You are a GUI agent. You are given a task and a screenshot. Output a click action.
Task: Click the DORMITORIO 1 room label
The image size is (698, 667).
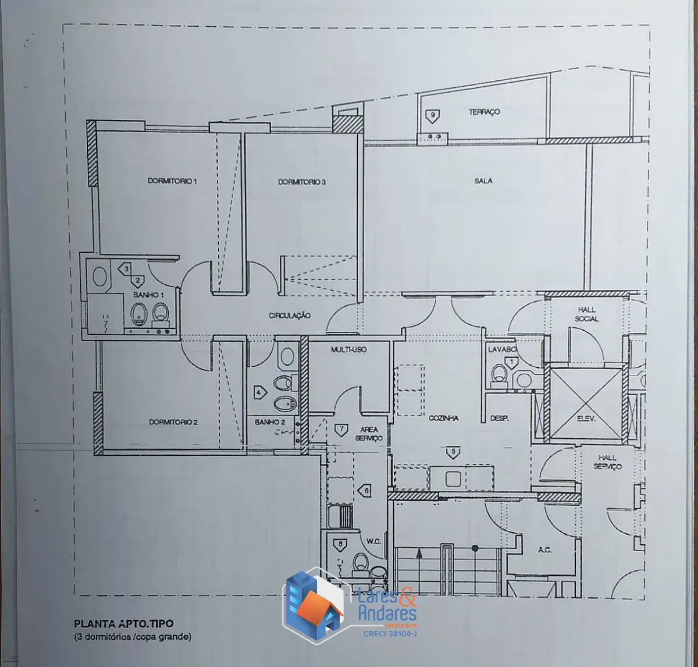172,181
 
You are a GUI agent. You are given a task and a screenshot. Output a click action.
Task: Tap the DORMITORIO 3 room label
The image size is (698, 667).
302,182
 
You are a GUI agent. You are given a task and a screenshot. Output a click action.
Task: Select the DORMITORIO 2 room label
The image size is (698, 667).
173,422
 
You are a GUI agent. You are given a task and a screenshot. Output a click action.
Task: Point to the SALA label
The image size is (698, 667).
483,181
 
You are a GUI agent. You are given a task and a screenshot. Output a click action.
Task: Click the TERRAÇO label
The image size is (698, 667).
484,112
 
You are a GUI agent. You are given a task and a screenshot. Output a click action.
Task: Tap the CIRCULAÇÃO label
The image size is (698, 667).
290,315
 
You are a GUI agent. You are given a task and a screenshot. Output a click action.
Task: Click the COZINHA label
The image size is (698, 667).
443,418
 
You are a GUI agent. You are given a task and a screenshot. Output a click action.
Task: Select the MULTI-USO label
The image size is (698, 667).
348,349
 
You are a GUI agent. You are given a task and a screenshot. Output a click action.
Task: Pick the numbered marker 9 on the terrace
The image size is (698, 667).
433,116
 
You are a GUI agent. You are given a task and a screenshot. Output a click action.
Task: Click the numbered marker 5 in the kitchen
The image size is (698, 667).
453,452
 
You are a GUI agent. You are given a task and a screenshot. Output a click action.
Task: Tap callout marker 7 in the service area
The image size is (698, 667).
341,430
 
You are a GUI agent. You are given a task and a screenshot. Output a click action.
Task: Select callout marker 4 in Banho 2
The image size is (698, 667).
259,392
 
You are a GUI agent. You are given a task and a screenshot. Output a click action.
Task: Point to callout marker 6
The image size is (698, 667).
365,491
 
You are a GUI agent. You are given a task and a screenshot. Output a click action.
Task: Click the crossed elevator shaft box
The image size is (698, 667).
585,403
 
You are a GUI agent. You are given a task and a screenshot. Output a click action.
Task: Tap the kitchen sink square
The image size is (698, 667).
453,479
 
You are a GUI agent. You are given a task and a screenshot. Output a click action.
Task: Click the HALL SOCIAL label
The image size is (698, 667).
587,314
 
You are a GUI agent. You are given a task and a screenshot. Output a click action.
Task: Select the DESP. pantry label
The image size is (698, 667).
499,418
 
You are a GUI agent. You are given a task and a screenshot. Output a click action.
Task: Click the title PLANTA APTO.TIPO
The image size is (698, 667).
124,623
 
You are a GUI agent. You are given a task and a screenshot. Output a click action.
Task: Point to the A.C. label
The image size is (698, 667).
544,550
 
